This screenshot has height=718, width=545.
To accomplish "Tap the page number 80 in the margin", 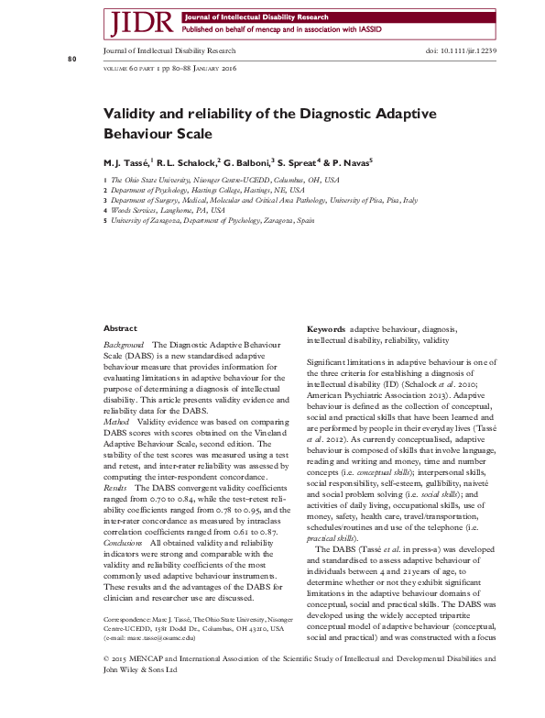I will coord(72,60).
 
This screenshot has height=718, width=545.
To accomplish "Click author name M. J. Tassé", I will coord(127,160).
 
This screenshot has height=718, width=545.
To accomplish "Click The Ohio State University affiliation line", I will coord(224,181).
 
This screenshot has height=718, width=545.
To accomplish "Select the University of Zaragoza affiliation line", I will coord(213,221).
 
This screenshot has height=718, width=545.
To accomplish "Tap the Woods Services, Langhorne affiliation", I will coord(168,211).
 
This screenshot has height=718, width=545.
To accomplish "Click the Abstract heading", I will coord(120,328).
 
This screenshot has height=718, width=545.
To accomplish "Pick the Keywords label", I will coord(325,328).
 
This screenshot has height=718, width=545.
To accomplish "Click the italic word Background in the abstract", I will coord(124,344).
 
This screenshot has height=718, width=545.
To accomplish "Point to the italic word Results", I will coord(117,488).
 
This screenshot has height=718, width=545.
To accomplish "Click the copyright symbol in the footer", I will coord(106,683).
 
